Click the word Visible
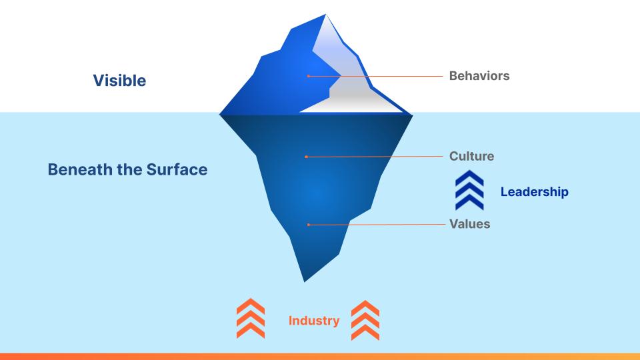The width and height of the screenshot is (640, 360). coord(119,81)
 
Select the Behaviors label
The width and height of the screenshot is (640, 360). coord(479,76)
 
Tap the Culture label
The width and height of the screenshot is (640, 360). coord(471,156)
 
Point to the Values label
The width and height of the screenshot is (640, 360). coord(470,224)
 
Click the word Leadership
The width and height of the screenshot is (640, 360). coord(534,191)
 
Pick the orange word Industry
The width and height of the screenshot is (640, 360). coord(314,321)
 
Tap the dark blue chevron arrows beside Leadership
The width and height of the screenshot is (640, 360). coord(469,190)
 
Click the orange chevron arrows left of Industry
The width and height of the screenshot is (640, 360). coord(251,319)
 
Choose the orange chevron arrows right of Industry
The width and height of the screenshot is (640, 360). coord(365,321)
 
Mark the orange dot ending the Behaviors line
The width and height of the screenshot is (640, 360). coord(308,76)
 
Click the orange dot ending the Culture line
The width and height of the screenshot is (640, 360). coord(306,157)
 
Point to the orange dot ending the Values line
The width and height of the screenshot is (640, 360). coord(309,225)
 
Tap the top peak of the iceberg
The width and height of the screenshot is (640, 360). coord(326,14)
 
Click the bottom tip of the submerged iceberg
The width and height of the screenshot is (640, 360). coord(305,281)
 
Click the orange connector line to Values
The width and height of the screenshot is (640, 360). coord(377,225)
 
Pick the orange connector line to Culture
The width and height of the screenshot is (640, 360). coord(374,156)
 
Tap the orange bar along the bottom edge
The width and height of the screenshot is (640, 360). coord(320,357)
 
